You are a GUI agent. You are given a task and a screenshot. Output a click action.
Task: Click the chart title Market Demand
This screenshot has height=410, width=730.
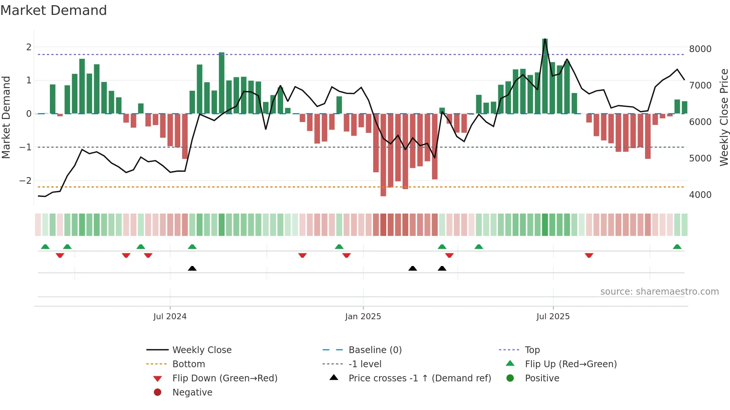coord(54,10)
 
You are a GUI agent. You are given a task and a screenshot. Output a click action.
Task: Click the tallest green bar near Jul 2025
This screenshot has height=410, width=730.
coord(545,76)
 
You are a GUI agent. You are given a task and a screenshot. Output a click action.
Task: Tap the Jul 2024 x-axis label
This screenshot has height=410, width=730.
coord(170,317)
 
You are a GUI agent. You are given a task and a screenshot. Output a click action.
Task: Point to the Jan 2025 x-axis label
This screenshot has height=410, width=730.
coord(363,317)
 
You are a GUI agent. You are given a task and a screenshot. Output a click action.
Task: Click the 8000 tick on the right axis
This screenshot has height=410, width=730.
coord(700,49)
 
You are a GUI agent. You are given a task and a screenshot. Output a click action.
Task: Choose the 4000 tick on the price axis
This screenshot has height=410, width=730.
coord(700,195)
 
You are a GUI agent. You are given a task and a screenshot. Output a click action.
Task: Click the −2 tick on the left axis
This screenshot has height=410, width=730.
coord(25,181)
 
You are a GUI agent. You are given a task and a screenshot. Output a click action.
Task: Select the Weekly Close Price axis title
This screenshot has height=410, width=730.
coord(724,117)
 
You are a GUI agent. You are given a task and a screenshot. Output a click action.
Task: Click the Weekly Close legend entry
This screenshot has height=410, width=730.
coord(201,350)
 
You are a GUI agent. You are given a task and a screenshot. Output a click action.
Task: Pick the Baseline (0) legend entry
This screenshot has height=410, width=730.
coord(375,350)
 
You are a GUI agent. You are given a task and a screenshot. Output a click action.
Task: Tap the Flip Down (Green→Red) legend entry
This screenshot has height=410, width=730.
coord(225,378)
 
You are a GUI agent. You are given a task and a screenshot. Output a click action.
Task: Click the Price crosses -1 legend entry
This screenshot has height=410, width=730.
coord(419,378)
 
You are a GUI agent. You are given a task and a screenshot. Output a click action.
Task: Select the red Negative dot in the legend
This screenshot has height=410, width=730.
coord(158,392)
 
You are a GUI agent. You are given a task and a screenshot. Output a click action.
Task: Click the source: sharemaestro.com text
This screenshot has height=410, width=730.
coord(659,292)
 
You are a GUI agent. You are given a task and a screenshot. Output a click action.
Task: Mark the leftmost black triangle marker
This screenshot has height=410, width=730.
coord(192,268)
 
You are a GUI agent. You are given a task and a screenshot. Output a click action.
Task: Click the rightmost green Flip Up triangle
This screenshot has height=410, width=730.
coord(677,247)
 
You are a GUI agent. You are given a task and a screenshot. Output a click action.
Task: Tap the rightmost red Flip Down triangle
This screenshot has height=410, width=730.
coord(589,255)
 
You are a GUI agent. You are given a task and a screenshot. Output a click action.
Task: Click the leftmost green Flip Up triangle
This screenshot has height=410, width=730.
coord(45,247)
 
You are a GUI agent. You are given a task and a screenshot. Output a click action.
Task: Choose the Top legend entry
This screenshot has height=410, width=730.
coord(532,350)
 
